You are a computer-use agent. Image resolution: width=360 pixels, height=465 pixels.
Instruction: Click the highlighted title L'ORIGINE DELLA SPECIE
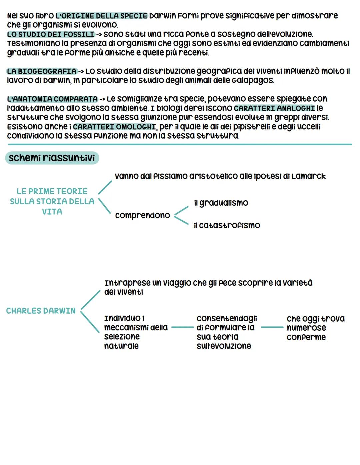point(102,16)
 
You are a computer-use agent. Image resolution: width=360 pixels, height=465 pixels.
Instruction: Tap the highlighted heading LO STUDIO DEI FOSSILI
point(51,34)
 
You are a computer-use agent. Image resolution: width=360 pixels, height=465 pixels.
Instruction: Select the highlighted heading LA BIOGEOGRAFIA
point(42,71)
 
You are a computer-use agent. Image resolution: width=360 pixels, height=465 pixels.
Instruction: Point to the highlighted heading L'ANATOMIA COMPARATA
point(52,99)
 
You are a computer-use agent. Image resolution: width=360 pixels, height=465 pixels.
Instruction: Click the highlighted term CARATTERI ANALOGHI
point(274,108)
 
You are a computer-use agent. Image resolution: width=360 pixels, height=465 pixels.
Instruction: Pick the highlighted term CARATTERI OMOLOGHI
point(114,127)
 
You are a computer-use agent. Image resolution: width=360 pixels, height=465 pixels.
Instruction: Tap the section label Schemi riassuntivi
point(52,158)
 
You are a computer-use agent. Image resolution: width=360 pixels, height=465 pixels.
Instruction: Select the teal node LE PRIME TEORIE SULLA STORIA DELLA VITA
point(52,201)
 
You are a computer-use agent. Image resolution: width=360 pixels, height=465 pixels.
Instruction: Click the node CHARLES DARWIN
point(41,311)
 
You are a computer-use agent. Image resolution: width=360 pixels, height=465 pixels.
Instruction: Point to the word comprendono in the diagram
point(142,215)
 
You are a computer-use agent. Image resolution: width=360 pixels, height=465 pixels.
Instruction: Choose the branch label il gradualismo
point(221,203)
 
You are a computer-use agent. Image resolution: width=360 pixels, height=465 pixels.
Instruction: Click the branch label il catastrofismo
point(227,225)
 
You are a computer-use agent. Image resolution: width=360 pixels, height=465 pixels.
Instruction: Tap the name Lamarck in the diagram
point(308,176)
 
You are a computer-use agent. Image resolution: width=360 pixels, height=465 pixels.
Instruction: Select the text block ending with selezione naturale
point(136,332)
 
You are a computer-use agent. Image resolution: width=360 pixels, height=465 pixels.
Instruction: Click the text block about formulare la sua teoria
point(227,332)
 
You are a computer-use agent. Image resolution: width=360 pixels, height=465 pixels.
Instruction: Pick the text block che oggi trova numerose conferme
point(315,328)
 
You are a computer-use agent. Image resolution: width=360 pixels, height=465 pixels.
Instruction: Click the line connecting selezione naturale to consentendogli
point(182,328)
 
